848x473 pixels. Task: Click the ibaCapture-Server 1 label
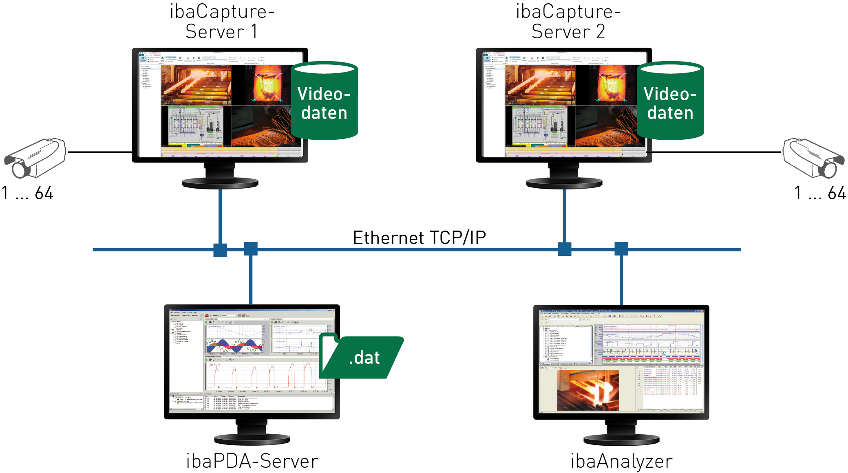pyautogui.click(x=222, y=21)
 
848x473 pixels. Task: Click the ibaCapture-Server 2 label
pyautogui.click(x=568, y=21)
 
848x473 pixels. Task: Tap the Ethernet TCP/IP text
pyautogui.click(x=419, y=238)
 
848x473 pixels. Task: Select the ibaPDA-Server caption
pyautogui.click(x=252, y=461)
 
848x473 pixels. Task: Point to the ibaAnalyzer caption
pyautogui.click(x=621, y=461)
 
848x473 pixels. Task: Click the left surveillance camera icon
pyautogui.click(x=36, y=158)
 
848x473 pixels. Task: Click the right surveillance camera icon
pyautogui.click(x=813, y=158)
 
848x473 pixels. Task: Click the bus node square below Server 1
pyautogui.click(x=220, y=250)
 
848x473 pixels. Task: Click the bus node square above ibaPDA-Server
pyautogui.click(x=251, y=249)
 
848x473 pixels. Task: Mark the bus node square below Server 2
pyautogui.click(x=564, y=249)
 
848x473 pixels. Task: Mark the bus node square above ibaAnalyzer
pyautogui.click(x=621, y=249)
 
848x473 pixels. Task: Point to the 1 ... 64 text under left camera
pyautogui.click(x=27, y=193)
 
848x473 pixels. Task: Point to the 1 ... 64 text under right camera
pyautogui.click(x=820, y=193)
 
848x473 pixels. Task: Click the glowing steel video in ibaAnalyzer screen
pyautogui.click(x=588, y=390)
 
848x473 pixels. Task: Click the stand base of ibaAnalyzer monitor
pyautogui.click(x=621, y=440)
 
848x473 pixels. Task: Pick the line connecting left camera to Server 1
pyautogui.click(x=100, y=152)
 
